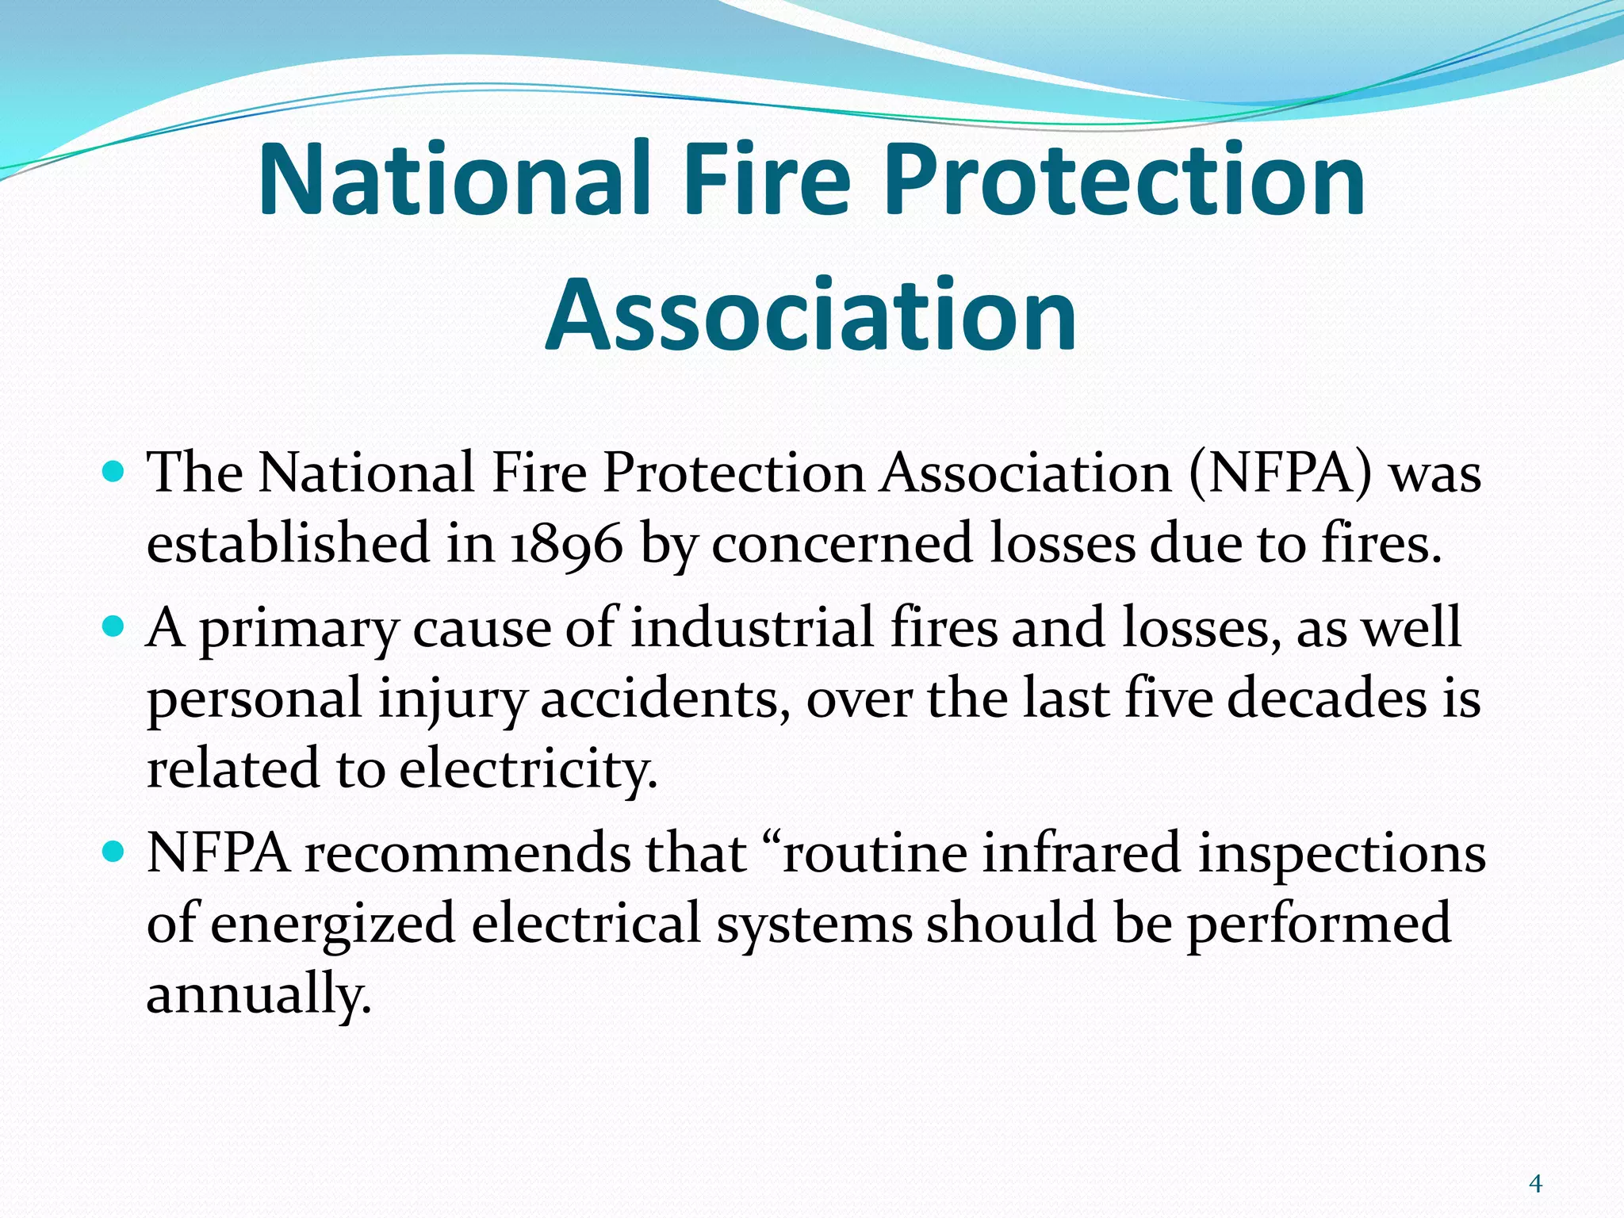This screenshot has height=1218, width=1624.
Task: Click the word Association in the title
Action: point(810,315)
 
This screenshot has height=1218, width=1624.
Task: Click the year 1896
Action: point(566,544)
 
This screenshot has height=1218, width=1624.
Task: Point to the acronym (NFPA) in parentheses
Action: point(1280,473)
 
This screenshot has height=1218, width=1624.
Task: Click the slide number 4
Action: point(1535,1184)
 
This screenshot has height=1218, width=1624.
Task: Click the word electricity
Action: point(528,769)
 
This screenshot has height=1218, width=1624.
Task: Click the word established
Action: point(288,544)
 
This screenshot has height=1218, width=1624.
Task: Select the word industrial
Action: point(753,628)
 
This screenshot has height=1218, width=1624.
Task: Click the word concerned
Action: point(841,544)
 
